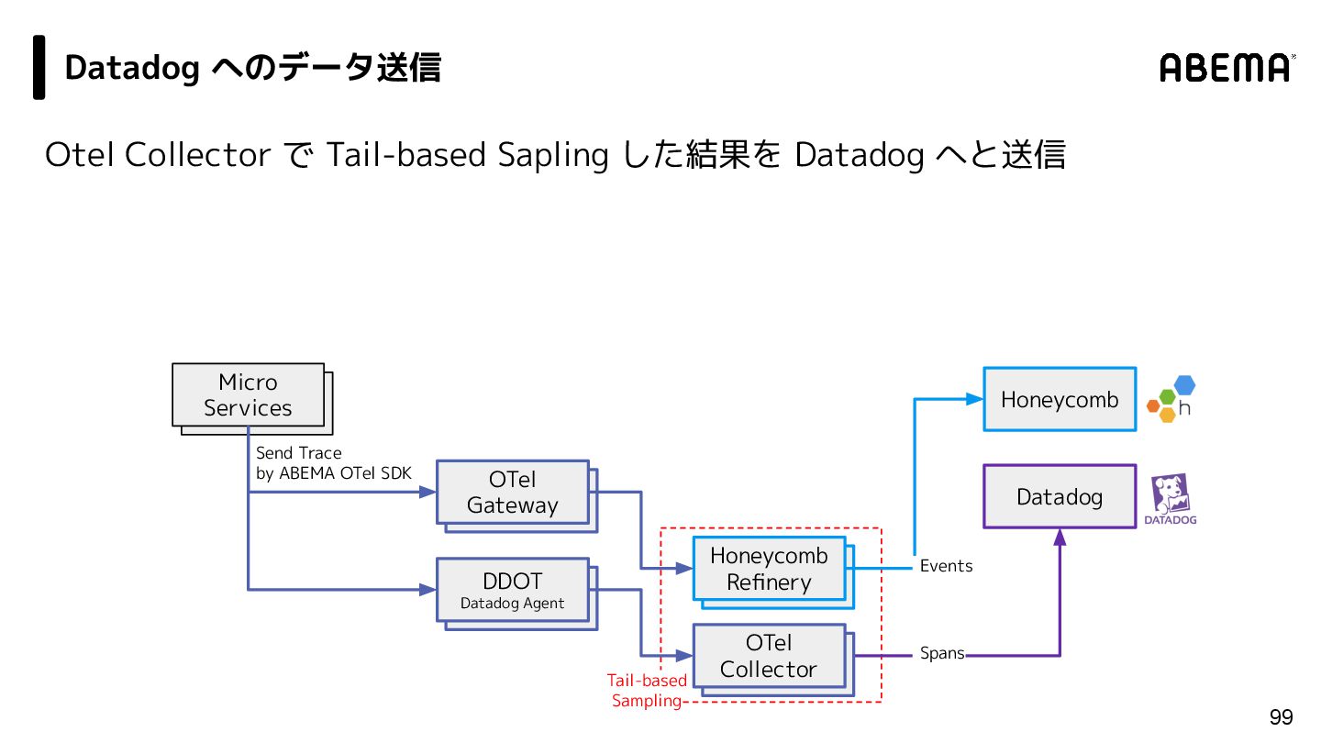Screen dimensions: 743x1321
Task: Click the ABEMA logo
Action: pos(1227,68)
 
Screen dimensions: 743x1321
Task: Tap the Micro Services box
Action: pos(248,395)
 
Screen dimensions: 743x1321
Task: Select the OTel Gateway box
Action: pos(512,493)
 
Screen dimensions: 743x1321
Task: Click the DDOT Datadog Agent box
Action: pos(512,590)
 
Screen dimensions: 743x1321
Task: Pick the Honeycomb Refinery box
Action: pos(769,569)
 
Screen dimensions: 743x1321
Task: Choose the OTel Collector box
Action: pos(769,656)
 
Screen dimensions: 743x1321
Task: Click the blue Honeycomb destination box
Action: pos(1060,399)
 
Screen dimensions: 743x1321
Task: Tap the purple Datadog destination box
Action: pos(1060,496)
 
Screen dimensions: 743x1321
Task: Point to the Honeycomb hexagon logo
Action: pos(1171,399)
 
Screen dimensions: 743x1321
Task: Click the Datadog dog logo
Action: pos(1170,499)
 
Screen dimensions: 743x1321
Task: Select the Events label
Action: pos(946,566)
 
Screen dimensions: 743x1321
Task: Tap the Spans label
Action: pos(942,654)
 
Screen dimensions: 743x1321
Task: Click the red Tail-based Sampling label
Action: pos(647,691)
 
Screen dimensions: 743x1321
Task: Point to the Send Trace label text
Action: pos(299,453)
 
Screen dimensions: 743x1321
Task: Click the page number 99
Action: pos(1281,717)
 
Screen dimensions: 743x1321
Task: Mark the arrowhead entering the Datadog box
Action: pos(1060,538)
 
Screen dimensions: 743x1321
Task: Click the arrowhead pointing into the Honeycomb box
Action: pos(974,399)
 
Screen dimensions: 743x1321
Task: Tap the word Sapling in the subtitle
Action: pos(552,155)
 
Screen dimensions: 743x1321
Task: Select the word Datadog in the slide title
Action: pos(132,68)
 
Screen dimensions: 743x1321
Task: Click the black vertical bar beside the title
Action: pos(39,67)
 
